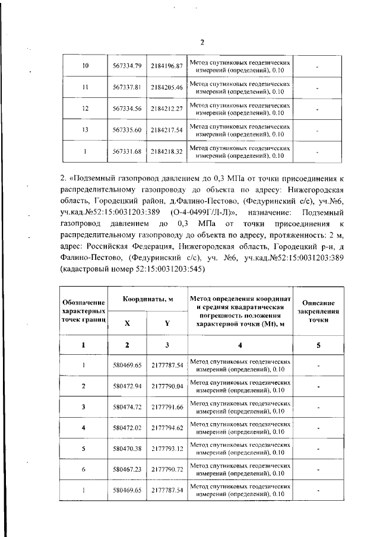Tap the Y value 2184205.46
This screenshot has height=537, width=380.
166,87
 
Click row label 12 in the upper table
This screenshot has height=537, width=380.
85,109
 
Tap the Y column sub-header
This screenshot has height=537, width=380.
166,323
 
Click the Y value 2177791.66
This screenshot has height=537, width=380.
166,408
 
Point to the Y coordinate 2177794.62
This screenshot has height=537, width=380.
166,428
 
